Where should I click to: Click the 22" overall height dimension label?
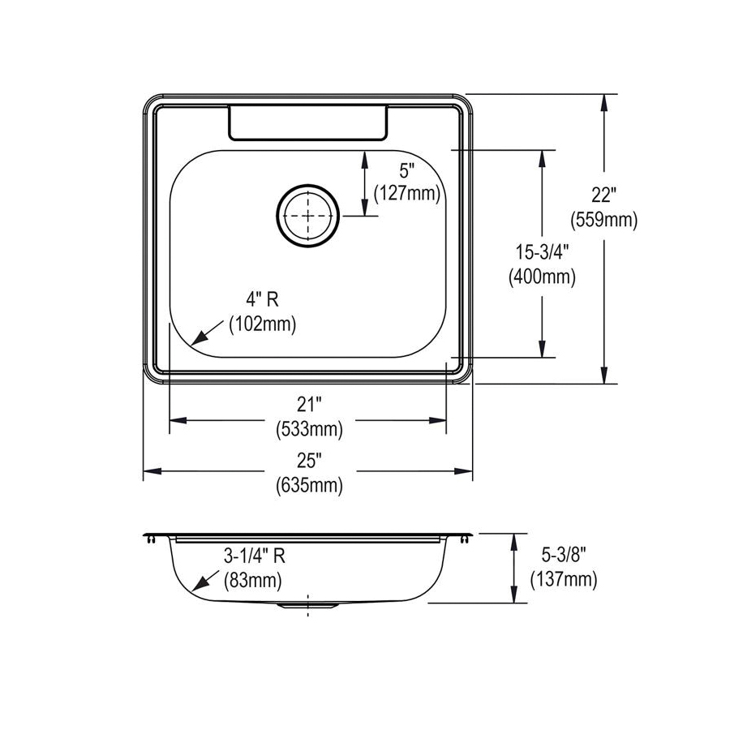[x=603, y=195]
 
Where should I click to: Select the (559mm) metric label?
[x=603, y=220]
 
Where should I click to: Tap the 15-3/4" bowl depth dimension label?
[x=542, y=252]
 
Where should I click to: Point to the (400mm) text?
[x=542, y=277]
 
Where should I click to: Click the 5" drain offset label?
[x=406, y=171]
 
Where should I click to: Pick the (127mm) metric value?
[x=407, y=193]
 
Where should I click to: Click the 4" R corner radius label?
[x=262, y=299]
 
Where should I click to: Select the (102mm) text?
[x=263, y=324]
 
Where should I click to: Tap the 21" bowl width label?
[x=309, y=404]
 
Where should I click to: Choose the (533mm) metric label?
[x=309, y=429]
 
